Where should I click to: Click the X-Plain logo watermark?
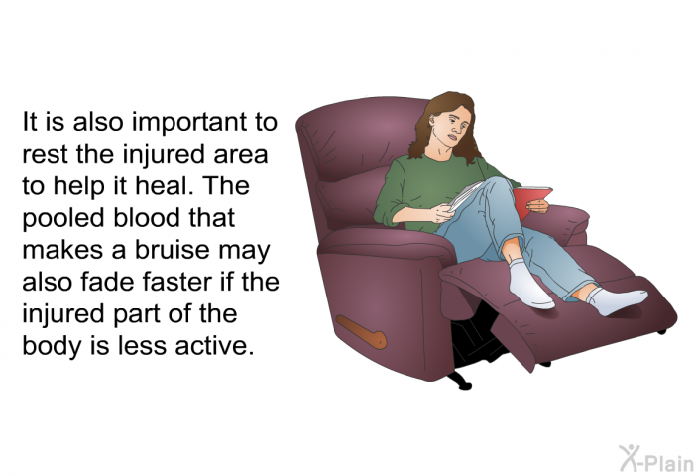click(656, 459)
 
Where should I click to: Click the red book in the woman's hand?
click(531, 201)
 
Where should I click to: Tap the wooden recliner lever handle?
click(361, 331)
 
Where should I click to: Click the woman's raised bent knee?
click(498, 186)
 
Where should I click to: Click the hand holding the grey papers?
click(442, 213)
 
